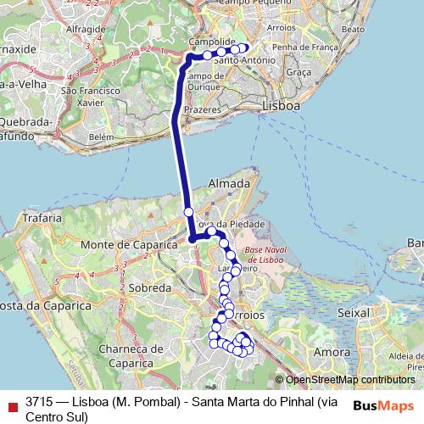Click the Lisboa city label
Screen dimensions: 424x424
282,107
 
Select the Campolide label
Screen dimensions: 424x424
211,41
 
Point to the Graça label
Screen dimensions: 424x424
299,73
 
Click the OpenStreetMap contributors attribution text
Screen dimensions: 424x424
349,380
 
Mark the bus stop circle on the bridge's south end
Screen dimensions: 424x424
189,212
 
